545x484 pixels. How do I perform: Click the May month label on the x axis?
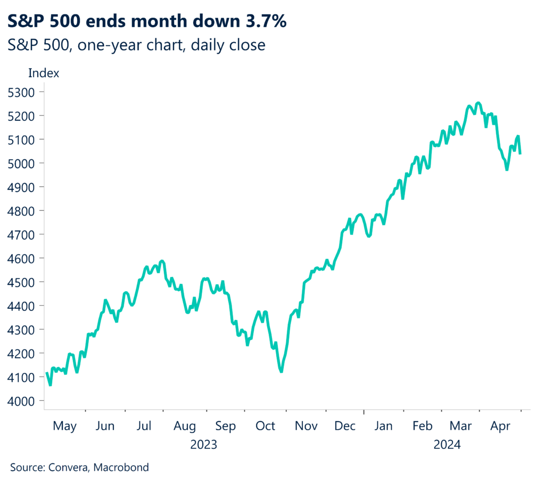tap(65, 426)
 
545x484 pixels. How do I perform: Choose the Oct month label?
tap(265, 426)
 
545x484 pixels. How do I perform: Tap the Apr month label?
tap(501, 426)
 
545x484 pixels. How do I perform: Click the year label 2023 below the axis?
tap(204, 444)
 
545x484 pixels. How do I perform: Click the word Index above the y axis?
tap(44, 73)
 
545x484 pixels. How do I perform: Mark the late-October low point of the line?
tap(280, 372)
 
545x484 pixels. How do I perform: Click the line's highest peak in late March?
tap(478, 103)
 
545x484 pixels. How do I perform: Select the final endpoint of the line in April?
tap(520, 153)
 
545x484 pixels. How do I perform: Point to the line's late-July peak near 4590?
tap(162, 261)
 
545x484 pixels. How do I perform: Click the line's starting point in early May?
tap(47, 373)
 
